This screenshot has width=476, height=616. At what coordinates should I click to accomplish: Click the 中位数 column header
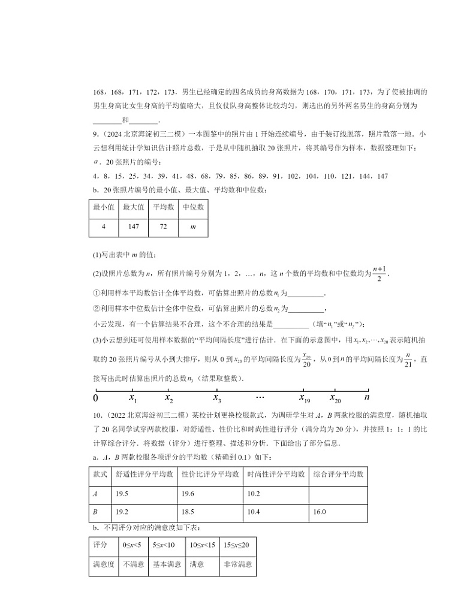point(192,207)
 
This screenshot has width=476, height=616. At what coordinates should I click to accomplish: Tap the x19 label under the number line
point(305,397)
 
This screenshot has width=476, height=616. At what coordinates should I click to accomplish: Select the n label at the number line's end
point(367,397)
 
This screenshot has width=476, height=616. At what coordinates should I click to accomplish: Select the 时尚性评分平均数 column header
point(276,474)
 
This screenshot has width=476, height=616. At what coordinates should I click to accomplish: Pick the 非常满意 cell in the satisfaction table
point(237,564)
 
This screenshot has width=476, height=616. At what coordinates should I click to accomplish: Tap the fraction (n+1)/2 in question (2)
point(379,273)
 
